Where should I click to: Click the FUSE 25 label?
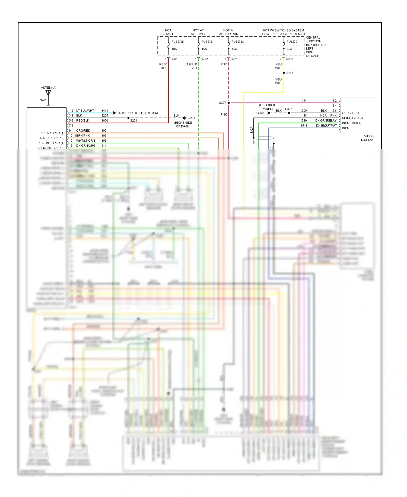(177, 42)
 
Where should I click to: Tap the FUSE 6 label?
(206, 42)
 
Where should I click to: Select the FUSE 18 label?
(237, 42)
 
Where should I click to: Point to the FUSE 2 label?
(292, 42)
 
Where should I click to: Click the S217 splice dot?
(284, 73)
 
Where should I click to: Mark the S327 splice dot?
(229, 103)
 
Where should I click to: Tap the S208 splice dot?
(128, 118)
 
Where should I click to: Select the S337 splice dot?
(289, 113)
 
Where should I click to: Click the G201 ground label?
(191, 118)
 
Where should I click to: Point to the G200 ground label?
(260, 113)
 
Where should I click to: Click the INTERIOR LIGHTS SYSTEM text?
(138, 113)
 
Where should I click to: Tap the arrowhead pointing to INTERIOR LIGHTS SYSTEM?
(115, 113)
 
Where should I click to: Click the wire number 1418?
(105, 111)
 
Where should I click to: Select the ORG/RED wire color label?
(83, 131)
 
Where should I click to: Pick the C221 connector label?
(234, 59)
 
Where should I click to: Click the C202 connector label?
(204, 59)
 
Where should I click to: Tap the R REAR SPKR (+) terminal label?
(52, 133)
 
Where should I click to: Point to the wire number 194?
(304, 101)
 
